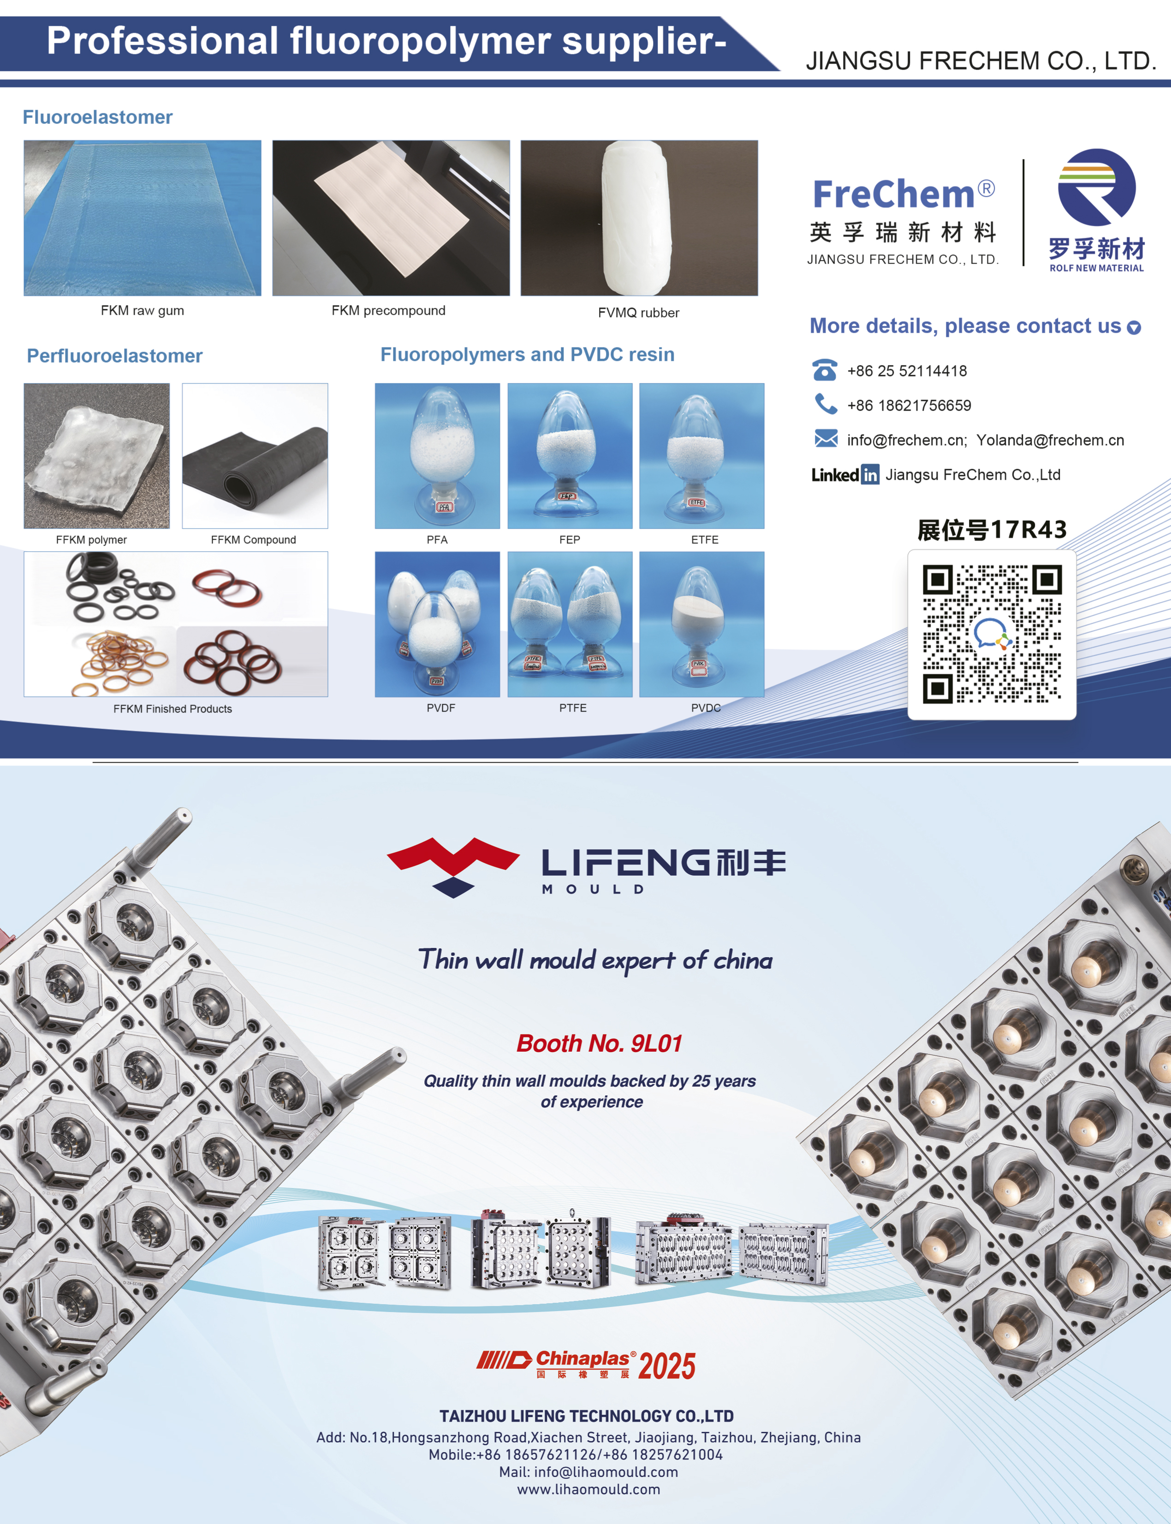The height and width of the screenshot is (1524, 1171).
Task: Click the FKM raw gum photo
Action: (142, 218)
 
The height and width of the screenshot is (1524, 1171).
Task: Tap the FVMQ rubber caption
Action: (638, 313)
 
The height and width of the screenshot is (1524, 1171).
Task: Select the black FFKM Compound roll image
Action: (255, 455)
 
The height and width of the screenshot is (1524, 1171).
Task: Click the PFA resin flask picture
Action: (437, 455)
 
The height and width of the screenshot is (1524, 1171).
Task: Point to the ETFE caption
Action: (705, 540)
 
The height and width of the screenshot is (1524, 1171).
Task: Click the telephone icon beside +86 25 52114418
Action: (825, 370)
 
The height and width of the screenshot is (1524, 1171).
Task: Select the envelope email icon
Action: (826, 439)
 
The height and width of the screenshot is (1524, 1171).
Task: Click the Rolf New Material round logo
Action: (1096, 188)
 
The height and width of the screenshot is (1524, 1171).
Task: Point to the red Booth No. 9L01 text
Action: (599, 1043)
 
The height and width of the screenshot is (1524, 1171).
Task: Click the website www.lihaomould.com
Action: (588, 1489)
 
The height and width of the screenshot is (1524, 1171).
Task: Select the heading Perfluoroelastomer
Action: (114, 356)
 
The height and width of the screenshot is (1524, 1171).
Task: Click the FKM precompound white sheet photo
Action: (391, 218)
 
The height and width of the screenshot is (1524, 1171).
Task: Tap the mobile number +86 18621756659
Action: (909, 406)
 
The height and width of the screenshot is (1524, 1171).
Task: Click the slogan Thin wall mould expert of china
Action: (595, 960)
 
